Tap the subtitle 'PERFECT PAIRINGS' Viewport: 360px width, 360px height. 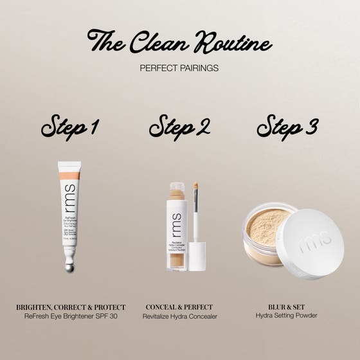[x=180, y=67]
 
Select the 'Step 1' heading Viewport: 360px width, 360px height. [x=69, y=126]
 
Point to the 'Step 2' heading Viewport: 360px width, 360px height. [x=180, y=126]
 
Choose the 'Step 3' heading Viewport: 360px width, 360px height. [x=287, y=126]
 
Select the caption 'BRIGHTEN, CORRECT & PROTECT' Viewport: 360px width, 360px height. [x=71, y=307]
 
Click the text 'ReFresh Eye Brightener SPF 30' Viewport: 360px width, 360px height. [x=71, y=316]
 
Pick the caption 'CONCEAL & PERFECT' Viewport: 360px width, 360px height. [x=179, y=307]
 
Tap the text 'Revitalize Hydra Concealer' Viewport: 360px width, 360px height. [x=179, y=316]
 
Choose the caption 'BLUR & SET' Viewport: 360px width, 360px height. [x=287, y=307]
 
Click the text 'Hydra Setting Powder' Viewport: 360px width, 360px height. [x=287, y=316]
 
